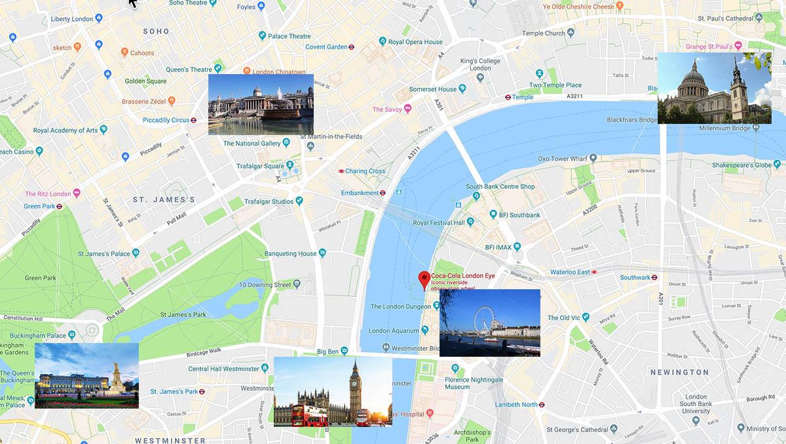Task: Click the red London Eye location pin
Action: tap(424, 280)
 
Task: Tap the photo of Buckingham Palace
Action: tap(86, 375)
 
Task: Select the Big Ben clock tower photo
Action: tap(333, 392)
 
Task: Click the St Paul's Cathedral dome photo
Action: tap(714, 89)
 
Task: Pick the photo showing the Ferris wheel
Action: tap(489, 323)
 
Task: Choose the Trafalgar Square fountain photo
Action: tap(261, 104)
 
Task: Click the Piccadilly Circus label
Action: tap(162, 120)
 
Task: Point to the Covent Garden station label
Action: tap(326, 47)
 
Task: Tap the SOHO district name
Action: tap(157, 31)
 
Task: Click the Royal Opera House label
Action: tap(415, 42)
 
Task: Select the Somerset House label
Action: tap(433, 89)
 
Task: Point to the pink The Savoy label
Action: tap(386, 110)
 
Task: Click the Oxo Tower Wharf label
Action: tap(563, 158)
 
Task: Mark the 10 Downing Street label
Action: tap(265, 285)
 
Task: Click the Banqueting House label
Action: tap(290, 254)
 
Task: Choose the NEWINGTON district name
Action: tap(679, 372)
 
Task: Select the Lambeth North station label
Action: tap(515, 405)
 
